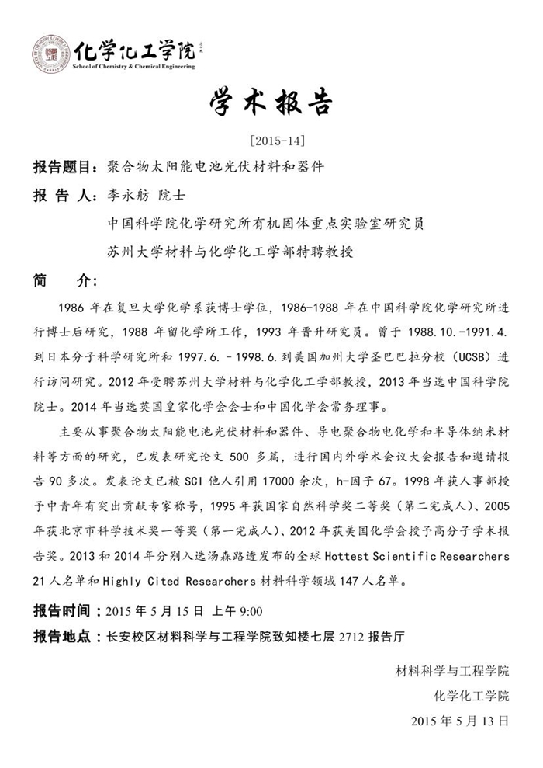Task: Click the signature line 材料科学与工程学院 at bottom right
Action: [x=452, y=670]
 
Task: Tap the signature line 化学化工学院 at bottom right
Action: [x=472, y=695]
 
